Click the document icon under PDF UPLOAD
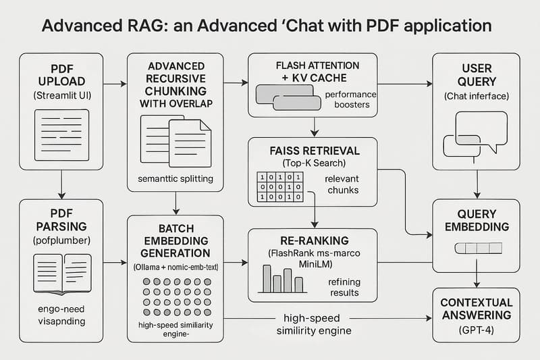(61, 135)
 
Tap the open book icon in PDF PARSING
(61, 274)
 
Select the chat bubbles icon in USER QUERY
(475, 134)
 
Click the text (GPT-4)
(475, 330)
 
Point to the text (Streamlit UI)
(61, 96)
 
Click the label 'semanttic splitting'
(175, 179)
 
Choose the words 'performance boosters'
(350, 100)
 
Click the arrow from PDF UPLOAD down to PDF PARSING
(61, 184)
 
